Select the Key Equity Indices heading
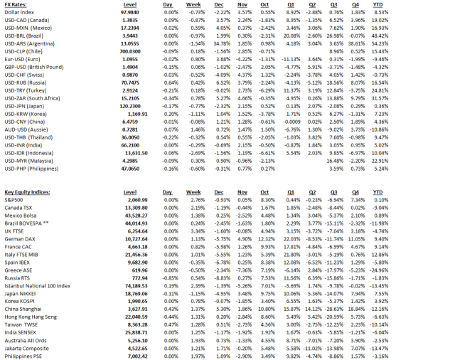tap(28, 193)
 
